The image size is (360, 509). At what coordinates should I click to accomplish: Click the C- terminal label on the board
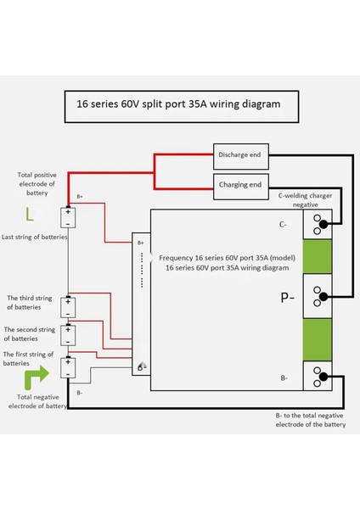point(284,226)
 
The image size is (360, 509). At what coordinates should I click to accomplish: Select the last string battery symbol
point(67,217)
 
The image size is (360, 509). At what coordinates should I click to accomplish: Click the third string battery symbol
point(67,307)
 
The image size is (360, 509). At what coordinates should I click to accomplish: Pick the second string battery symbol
point(67,336)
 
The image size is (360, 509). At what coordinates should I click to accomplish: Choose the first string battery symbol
point(67,366)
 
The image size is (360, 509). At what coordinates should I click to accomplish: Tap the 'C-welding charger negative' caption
point(303,199)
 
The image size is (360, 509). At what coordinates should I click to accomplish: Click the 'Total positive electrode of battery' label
point(37,183)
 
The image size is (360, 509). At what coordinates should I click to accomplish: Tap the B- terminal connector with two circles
point(318,376)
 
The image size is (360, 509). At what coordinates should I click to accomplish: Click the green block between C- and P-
point(318,258)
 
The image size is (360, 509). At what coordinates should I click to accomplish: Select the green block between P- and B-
point(318,337)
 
